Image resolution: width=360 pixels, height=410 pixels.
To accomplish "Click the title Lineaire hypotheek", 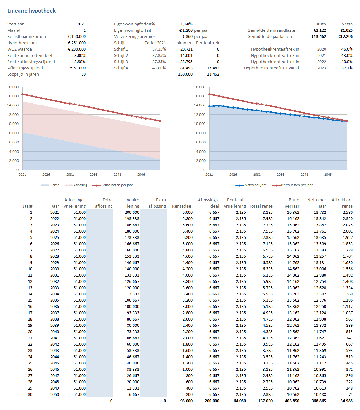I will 31,11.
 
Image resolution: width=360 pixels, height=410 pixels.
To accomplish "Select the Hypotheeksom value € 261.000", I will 77,43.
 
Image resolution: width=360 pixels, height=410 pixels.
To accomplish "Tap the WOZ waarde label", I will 19,49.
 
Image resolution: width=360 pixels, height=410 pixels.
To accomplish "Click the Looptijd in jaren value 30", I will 83,74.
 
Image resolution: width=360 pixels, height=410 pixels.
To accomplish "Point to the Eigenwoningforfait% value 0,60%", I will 187,24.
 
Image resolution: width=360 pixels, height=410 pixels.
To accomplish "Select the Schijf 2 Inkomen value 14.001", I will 186,55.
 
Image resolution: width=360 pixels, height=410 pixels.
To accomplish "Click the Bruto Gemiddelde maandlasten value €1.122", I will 320,30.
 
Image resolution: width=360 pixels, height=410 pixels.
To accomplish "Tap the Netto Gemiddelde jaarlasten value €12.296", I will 345,36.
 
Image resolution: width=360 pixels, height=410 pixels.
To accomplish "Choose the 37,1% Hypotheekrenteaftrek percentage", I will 347,68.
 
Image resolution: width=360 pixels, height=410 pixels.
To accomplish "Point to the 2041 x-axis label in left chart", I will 117,175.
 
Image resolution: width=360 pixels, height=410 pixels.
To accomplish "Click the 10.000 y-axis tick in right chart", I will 199,124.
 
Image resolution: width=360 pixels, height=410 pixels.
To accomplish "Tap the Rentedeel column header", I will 182,206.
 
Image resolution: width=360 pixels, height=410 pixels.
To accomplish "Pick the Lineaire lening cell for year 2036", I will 132,306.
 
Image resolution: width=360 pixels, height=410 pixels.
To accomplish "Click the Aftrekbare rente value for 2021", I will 347,212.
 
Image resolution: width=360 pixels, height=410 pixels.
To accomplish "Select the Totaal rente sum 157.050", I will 265,401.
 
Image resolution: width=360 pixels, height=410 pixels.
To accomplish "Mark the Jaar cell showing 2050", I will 55,394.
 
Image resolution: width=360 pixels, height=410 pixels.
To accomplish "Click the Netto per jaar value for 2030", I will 320,269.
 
